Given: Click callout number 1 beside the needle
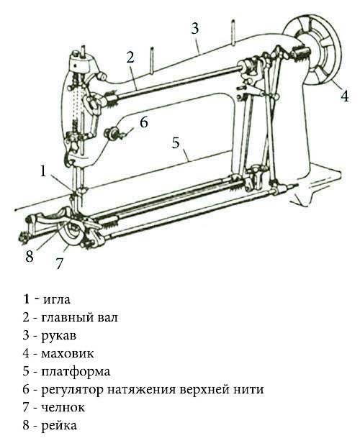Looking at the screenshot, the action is coord(43,171).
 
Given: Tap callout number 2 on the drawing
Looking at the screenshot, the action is coord(130,57).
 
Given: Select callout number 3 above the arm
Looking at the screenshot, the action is coord(195,29).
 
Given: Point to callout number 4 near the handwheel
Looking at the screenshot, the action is coord(345,96).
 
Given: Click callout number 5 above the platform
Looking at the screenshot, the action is coord(176,142).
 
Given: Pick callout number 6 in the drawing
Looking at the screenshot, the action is coord(144,122).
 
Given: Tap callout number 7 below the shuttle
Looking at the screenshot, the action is coord(59,263).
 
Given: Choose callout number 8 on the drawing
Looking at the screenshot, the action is coord(30,257).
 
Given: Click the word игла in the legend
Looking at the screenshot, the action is coord(57,299).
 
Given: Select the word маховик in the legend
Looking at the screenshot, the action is coord(68,353).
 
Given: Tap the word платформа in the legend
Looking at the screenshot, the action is coord(76,372).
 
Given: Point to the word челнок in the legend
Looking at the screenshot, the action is coord(63,408).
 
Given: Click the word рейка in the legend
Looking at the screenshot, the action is coord(59,426).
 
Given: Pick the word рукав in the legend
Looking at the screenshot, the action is coord(59,336).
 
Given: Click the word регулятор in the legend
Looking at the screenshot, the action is coord(72,390).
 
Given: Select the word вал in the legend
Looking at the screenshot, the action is coord(107,317).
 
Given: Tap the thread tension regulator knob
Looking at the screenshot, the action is coord(112,134).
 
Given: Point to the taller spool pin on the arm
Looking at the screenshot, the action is coord(233,32).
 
